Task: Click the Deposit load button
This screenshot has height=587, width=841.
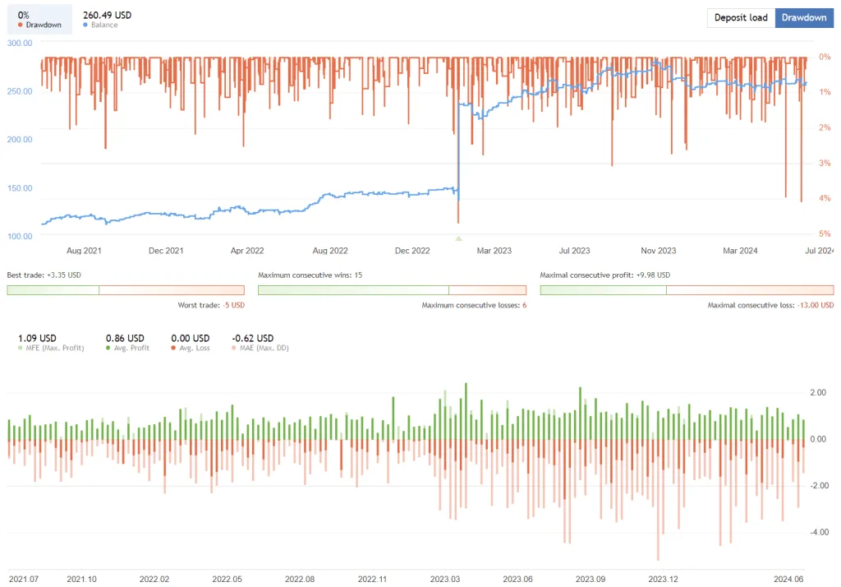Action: [741, 18]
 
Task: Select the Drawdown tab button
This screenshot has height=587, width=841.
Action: [804, 18]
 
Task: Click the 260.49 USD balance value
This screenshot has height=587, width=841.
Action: [107, 15]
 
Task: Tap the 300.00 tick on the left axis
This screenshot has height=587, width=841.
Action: [19, 43]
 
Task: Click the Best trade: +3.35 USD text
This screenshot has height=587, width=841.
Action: [44, 275]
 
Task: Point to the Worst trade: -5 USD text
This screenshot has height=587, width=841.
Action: [211, 305]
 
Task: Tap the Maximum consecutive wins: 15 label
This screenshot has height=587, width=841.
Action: [310, 275]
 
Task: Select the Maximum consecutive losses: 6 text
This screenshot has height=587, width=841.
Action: [474, 305]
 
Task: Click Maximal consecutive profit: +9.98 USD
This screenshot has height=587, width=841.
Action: [604, 275]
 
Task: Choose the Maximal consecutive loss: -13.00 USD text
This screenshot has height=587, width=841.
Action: [770, 305]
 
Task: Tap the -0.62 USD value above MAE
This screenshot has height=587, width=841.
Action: [252, 338]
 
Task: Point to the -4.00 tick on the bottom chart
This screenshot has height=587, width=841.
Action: [817, 532]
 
